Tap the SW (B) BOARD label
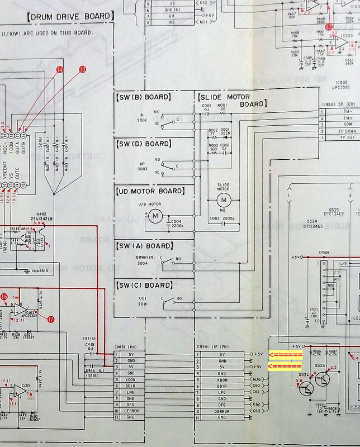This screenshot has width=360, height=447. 143,97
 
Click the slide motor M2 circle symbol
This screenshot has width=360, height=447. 224,199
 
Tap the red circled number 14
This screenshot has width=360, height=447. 60,69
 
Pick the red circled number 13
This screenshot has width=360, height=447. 83,69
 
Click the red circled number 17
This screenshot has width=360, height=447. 50,320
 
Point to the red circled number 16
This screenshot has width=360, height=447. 4,297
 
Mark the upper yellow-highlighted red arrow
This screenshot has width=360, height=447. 286,355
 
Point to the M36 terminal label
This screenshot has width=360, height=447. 257,379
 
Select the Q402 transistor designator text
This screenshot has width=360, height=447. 41,213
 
